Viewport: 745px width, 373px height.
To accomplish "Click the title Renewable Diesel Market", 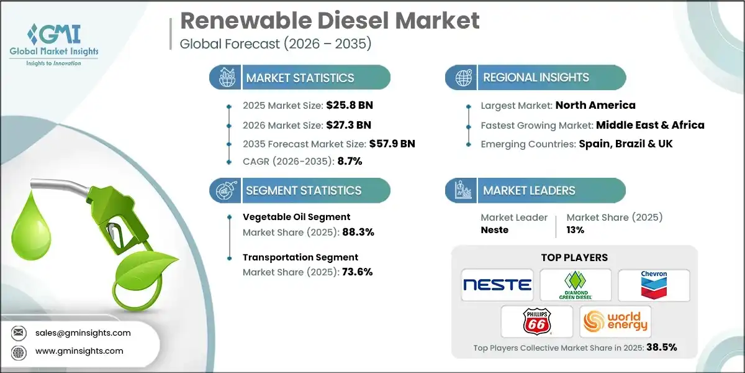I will coord(330,21).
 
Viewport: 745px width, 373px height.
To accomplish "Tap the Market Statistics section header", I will coord(300,78).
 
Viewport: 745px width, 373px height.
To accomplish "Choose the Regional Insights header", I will coord(536,78).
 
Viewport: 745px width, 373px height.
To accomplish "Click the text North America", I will coord(595,105).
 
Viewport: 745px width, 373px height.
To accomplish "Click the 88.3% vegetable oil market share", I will coord(353,232).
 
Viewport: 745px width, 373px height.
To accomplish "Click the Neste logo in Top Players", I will coord(497,285).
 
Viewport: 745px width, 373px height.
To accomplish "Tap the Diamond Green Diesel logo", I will coord(576,285).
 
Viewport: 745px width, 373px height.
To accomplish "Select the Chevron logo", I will coord(654,285).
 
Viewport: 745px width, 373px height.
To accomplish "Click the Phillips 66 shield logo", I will coord(535,321).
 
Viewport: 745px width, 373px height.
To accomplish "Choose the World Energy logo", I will coord(615,321).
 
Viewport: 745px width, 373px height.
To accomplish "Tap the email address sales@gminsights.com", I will coord(83,333).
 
